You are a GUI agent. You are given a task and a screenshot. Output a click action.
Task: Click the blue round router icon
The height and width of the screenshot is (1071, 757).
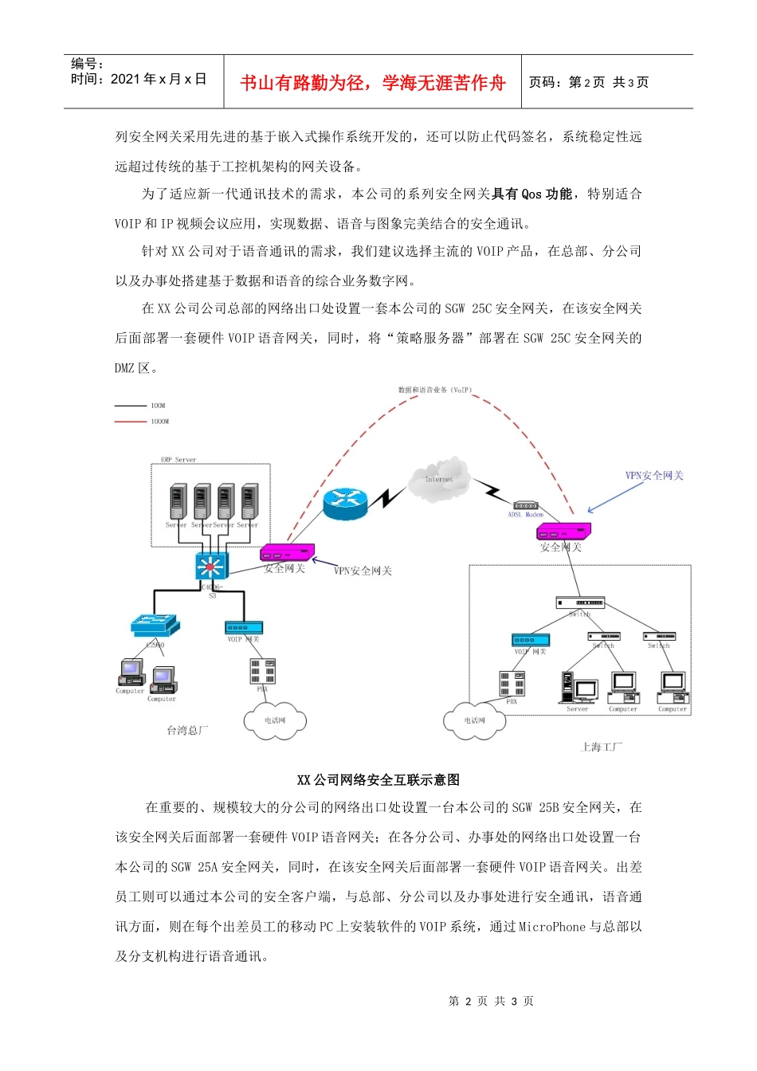345,502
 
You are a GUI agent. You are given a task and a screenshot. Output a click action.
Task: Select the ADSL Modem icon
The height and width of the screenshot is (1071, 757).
525,506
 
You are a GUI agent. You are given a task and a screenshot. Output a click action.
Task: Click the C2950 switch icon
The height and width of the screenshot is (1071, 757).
155,626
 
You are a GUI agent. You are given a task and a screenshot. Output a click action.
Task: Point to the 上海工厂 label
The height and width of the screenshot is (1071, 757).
601,747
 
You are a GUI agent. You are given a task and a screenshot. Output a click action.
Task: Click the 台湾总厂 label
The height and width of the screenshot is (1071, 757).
187,730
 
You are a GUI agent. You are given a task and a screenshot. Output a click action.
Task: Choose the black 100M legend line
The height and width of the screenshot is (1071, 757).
131,406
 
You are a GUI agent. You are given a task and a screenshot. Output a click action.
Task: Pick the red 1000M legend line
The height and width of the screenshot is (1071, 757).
131,422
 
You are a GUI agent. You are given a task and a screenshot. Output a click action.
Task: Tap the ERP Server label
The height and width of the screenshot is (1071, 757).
178,460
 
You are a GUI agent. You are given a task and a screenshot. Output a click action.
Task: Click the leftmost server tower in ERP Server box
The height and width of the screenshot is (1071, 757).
178,501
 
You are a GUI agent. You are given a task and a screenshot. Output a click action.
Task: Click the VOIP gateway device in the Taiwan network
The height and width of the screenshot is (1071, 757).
244,628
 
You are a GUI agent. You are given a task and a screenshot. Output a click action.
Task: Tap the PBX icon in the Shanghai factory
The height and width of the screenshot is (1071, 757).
512,685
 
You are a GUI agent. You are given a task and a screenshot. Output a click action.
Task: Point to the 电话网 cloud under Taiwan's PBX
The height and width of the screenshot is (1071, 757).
275,720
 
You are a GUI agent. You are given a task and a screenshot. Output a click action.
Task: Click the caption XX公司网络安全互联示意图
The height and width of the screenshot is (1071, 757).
378,780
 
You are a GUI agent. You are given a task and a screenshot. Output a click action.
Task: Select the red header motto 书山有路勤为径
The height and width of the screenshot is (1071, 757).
373,83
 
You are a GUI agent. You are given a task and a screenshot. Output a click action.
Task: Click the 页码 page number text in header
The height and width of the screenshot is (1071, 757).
588,82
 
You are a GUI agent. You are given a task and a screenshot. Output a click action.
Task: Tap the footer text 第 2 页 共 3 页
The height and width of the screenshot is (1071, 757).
491,1001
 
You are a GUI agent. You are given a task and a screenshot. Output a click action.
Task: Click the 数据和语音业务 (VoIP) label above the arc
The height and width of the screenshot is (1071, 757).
435,390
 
